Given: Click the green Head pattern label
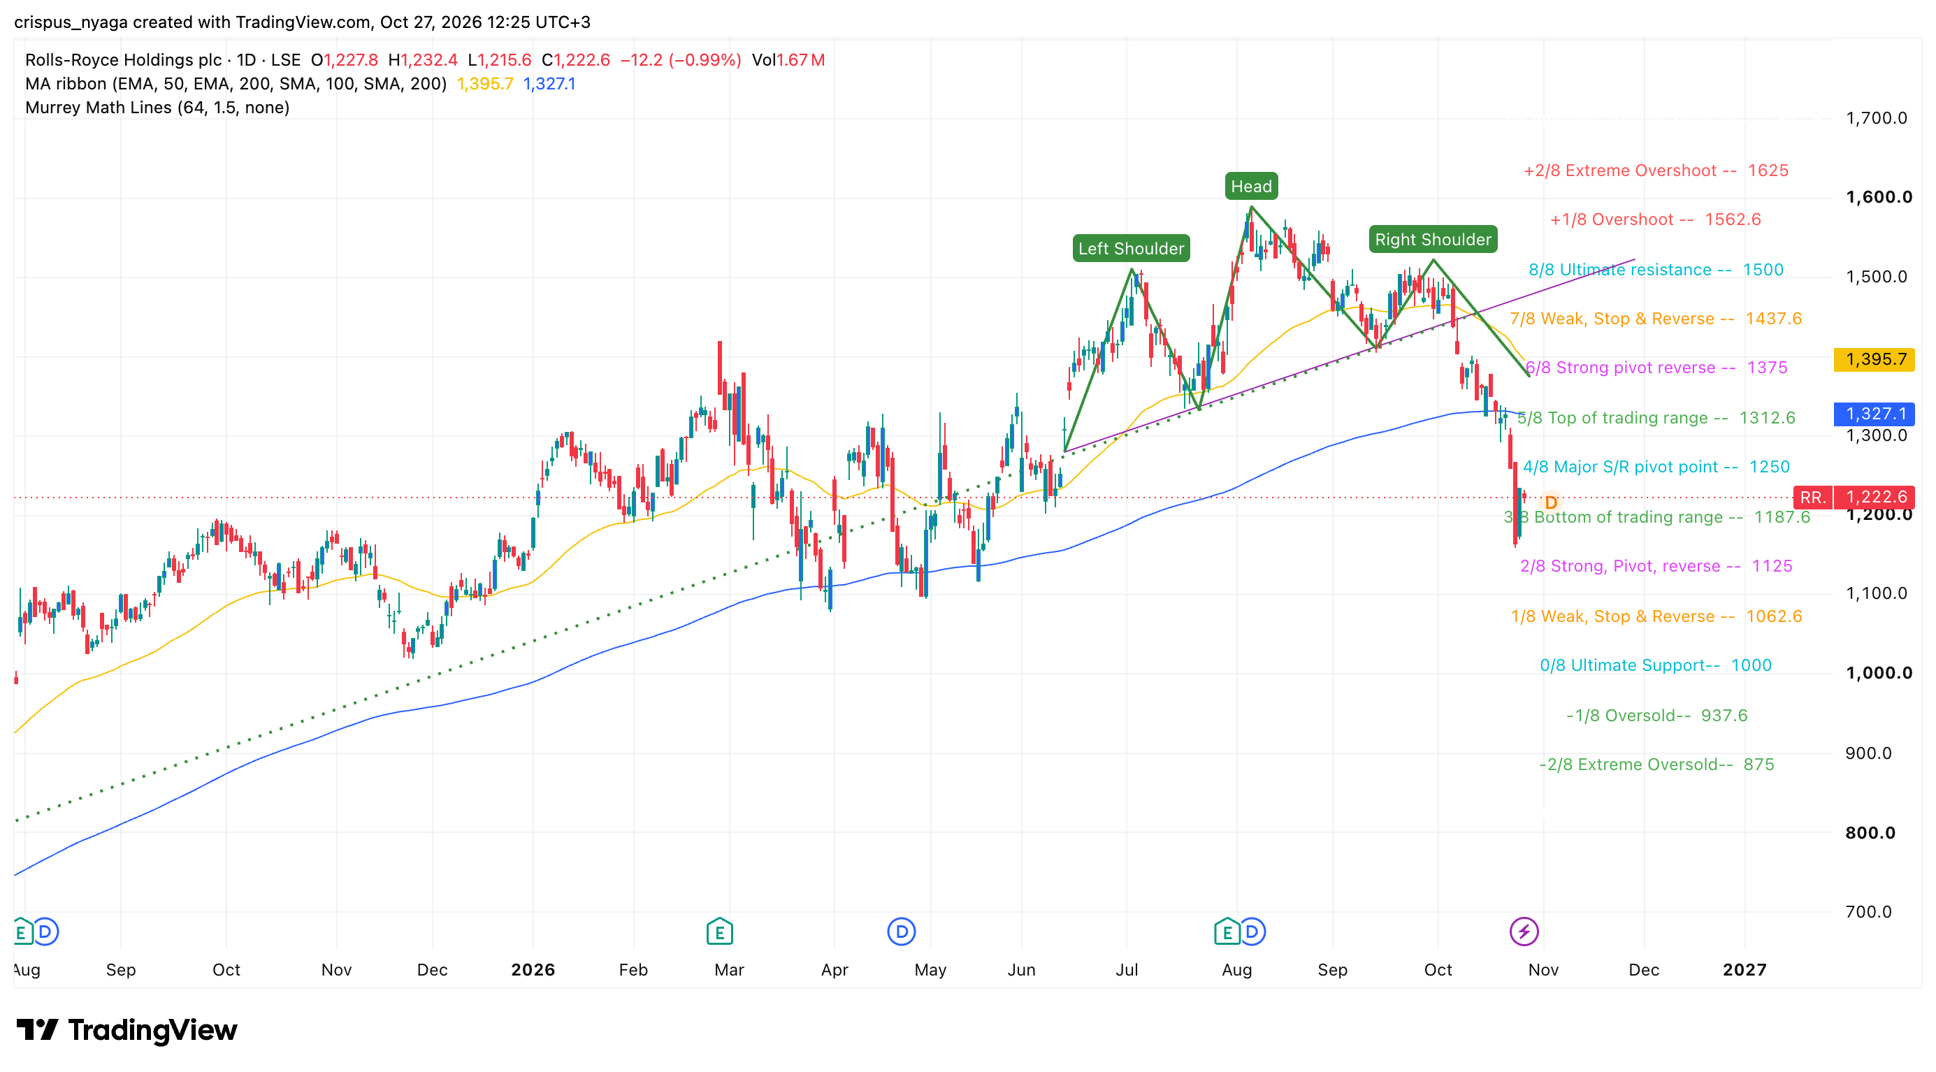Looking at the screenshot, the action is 1250,187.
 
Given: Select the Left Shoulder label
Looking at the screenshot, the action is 1131,249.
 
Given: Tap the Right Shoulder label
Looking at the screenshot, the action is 1433,240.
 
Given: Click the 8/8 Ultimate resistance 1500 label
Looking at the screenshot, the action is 1656,270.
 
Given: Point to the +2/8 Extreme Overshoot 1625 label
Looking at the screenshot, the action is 1656,171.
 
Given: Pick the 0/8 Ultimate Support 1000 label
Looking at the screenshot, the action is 1656,665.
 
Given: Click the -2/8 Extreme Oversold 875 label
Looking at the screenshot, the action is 1656,764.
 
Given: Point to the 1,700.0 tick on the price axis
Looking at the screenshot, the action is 1876,118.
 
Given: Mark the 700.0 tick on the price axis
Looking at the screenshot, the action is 1868,911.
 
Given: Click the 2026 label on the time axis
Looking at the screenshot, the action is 533,970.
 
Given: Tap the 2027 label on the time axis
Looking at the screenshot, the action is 1744,970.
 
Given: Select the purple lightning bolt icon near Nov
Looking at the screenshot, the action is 1524,932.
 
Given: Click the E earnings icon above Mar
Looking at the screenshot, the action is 719,932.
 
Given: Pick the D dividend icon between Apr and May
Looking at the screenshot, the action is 901,932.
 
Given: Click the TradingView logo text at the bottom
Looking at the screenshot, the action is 152,1030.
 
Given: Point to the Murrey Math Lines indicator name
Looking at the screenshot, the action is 98,108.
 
